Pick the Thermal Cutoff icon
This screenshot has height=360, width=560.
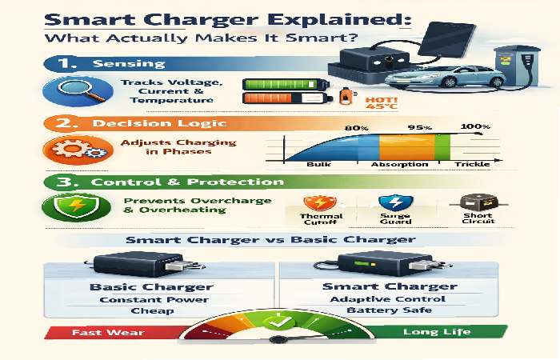pyautogui.click(x=318, y=206)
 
